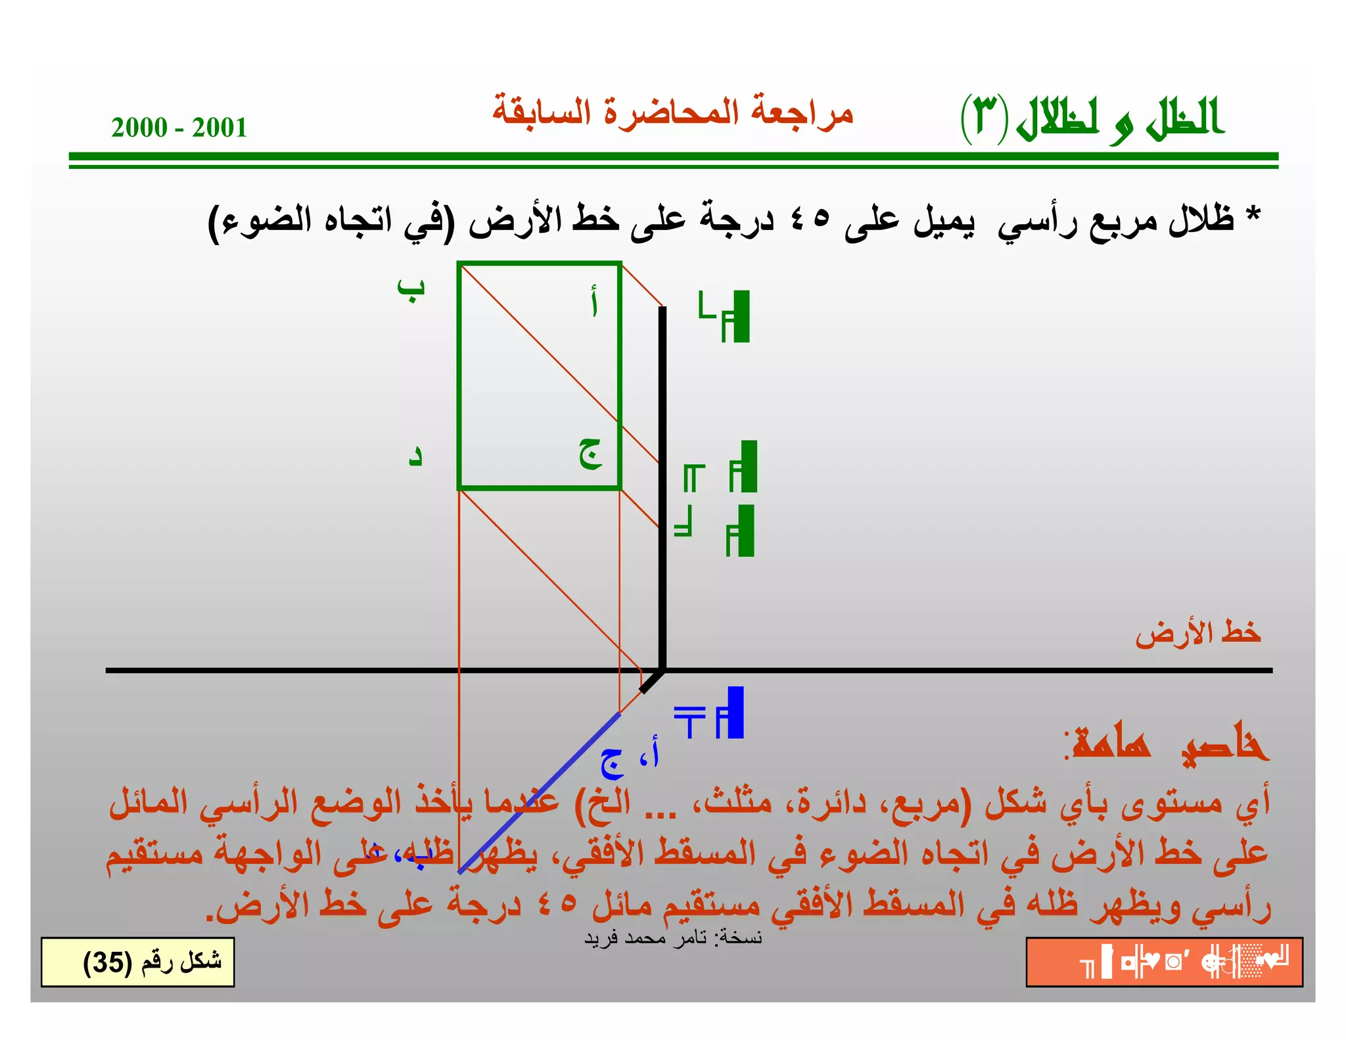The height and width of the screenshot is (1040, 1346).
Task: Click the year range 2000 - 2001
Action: (x=179, y=128)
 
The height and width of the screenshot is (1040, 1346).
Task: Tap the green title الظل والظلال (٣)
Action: (x=1092, y=118)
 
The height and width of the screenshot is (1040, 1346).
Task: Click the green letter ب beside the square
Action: (x=411, y=289)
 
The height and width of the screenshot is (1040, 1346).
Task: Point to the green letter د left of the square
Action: (x=415, y=456)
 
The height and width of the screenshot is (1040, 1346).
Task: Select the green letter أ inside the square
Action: (x=594, y=302)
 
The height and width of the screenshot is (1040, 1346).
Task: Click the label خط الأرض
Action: (x=1197, y=633)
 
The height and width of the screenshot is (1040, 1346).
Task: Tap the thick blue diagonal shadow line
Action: (x=539, y=793)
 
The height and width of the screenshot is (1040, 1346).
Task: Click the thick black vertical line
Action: (x=662, y=486)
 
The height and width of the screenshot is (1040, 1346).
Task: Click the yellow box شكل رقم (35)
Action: (x=138, y=962)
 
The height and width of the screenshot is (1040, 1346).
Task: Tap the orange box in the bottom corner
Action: (x=1164, y=962)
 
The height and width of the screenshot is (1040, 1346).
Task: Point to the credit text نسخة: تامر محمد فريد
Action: (x=672, y=937)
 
